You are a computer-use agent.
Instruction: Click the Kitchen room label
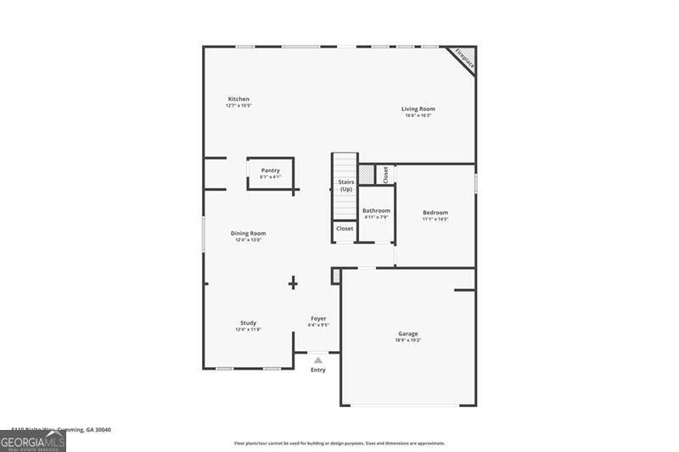coord(238,99)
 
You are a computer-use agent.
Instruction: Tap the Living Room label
coord(418,109)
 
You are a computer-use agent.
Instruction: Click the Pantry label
coord(270,170)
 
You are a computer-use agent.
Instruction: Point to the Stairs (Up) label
coord(345,185)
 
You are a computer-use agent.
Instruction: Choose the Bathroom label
coord(376,210)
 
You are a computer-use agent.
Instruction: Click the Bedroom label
coord(435,212)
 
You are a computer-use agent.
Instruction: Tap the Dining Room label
coord(248,233)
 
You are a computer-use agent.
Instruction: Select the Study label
coord(248,322)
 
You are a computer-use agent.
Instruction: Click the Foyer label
coord(318,318)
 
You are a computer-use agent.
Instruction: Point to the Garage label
coord(407,333)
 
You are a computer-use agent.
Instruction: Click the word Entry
coord(318,370)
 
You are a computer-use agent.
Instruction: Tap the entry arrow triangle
coord(318,360)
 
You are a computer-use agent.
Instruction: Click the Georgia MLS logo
coord(33,441)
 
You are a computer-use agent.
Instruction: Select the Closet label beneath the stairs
coord(345,228)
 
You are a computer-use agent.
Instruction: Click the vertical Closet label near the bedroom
coord(385,174)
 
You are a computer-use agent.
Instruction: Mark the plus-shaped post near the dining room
coord(293,282)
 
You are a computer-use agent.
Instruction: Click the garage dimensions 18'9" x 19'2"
coord(407,340)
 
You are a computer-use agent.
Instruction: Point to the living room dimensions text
coord(418,115)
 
